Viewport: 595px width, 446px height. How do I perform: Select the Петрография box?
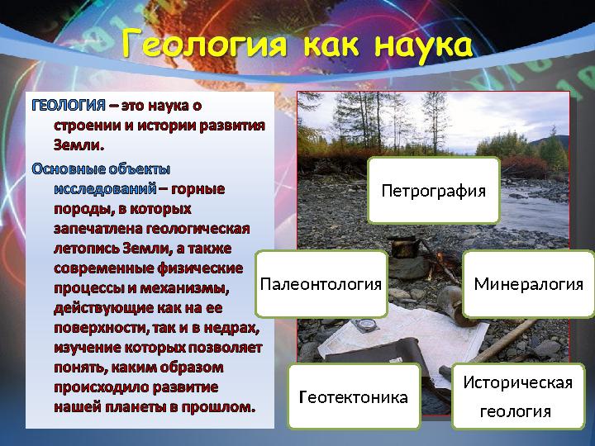click(433, 191)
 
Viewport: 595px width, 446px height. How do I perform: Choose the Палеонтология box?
click(321, 284)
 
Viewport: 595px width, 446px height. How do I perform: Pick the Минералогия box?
click(528, 284)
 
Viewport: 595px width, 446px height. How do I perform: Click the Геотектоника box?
click(353, 397)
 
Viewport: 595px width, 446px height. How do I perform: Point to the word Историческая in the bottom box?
click(518, 382)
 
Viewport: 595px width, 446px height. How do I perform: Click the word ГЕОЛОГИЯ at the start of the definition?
click(69, 107)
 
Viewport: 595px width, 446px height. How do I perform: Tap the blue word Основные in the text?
click(69, 168)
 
